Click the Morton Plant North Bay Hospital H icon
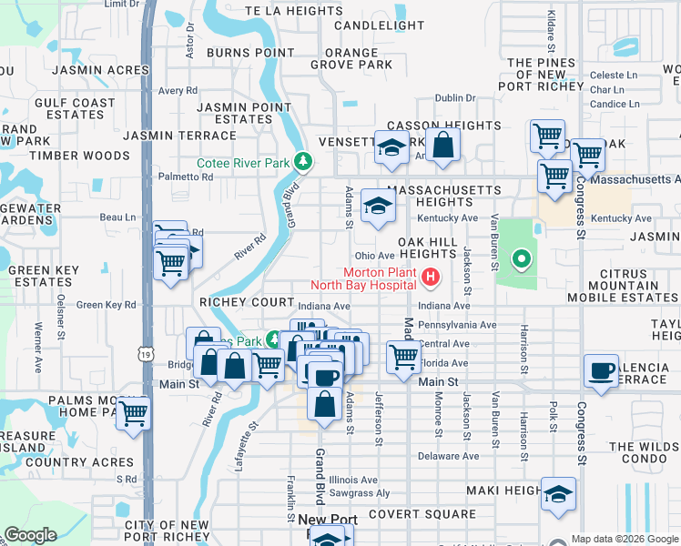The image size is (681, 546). tap(431, 274)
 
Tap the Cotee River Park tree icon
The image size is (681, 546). tap(302, 164)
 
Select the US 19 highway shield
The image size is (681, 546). tap(145, 352)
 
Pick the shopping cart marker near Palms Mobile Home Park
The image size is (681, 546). tap(134, 412)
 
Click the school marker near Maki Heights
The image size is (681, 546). tap(559, 494)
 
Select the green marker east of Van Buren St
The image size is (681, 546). tap(521, 260)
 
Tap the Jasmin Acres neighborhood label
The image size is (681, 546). tap(100, 70)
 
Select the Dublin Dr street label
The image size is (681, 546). tap(455, 98)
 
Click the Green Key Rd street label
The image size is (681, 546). tap(106, 305)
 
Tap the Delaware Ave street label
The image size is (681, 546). tap(448, 456)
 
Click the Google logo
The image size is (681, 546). tap(31, 535)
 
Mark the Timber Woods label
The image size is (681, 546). tap(79, 156)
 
